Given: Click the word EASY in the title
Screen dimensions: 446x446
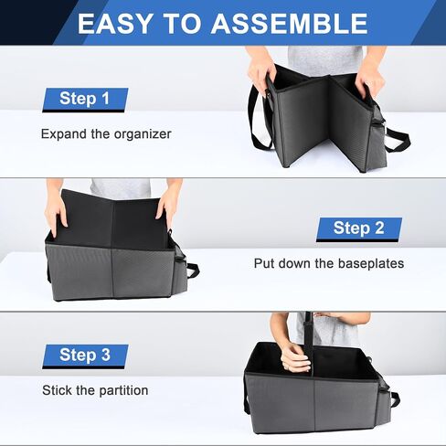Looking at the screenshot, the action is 114,24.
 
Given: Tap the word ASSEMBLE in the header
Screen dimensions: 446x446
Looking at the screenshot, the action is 290,24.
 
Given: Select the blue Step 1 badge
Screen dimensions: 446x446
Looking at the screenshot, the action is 85,100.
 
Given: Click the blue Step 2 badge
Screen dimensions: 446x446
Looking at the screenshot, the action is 359,229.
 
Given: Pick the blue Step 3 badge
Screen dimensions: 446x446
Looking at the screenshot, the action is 85,356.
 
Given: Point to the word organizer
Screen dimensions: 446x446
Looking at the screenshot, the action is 143,134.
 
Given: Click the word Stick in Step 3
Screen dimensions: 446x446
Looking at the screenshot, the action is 56,390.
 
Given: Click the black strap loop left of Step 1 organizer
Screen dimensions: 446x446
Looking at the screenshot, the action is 260,122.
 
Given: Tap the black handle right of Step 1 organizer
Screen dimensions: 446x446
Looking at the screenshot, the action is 398,141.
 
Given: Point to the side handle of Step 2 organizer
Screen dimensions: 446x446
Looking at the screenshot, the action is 192,270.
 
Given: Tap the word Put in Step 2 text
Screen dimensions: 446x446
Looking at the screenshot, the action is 264,263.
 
